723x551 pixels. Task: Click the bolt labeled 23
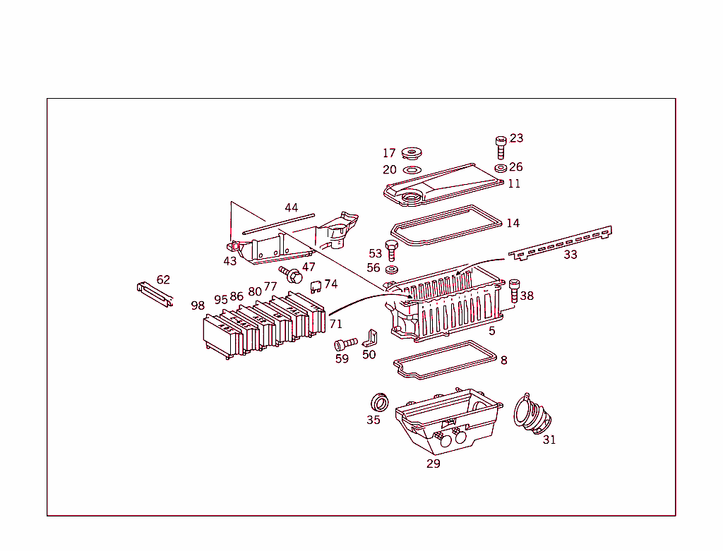pyautogui.click(x=501, y=148)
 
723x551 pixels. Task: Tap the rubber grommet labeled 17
pyautogui.click(x=410, y=153)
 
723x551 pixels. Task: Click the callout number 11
pyautogui.click(x=514, y=183)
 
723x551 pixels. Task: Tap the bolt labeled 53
pyautogui.click(x=392, y=250)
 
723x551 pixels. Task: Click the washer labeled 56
pyautogui.click(x=392, y=269)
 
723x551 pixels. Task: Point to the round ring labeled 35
pyautogui.click(x=380, y=403)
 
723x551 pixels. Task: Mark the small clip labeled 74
pyautogui.click(x=316, y=285)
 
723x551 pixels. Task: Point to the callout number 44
pyautogui.click(x=292, y=207)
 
